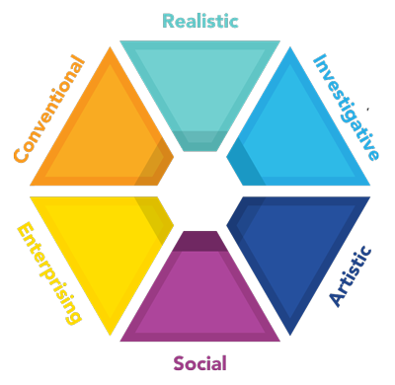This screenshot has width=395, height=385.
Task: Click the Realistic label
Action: (x=200, y=21)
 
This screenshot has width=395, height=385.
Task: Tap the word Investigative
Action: (x=346, y=106)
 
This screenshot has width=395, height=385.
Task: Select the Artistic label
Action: (x=352, y=277)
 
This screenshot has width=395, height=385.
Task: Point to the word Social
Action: (x=200, y=362)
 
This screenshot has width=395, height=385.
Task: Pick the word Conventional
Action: (x=48, y=108)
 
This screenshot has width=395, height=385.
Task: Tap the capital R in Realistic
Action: (x=168, y=21)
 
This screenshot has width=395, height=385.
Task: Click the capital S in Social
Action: (x=179, y=362)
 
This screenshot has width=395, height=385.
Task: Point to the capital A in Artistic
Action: (x=335, y=301)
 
